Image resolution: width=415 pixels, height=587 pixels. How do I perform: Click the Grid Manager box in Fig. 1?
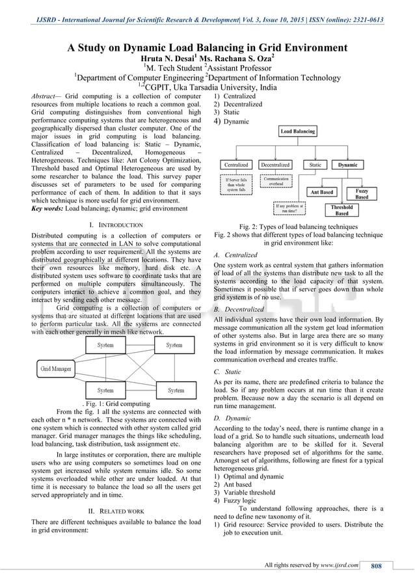[56, 368]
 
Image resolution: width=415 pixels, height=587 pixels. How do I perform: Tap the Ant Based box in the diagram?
[321, 192]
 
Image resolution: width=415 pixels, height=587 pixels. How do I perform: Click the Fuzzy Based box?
[362, 193]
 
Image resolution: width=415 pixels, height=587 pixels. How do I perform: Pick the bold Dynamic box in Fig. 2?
[348, 165]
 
